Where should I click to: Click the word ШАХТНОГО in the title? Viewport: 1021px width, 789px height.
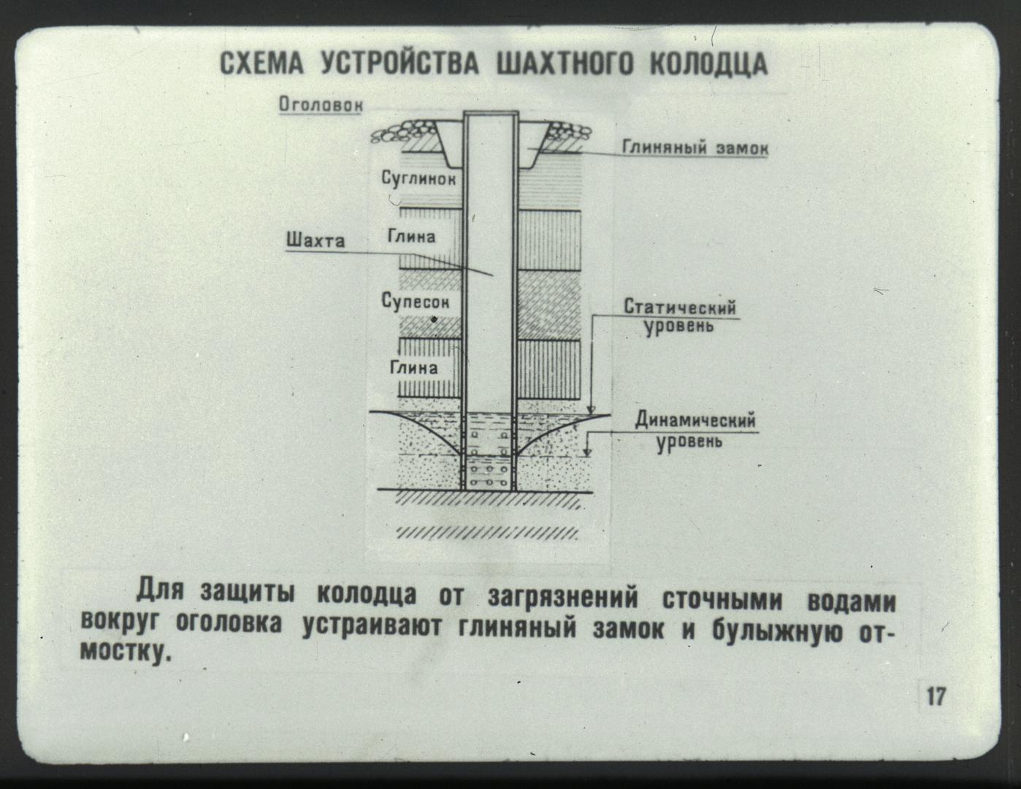pyautogui.click(x=565, y=64)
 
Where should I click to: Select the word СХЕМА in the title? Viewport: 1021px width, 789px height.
pyautogui.click(x=261, y=64)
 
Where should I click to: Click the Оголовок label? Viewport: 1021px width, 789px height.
pyautogui.click(x=321, y=104)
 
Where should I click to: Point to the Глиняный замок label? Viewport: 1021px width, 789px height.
pyautogui.click(x=695, y=148)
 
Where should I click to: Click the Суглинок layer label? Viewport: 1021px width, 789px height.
pyautogui.click(x=418, y=179)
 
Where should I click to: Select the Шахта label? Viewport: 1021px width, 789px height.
pyautogui.click(x=316, y=240)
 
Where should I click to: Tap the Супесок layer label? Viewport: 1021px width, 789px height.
pyautogui.click(x=416, y=301)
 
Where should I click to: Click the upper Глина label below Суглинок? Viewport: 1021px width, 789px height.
pyautogui.click(x=412, y=236)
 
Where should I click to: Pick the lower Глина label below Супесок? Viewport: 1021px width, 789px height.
pyautogui.click(x=414, y=367)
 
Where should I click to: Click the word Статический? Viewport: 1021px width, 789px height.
pyautogui.click(x=679, y=308)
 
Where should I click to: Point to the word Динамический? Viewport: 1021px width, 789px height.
pyautogui.click(x=695, y=419)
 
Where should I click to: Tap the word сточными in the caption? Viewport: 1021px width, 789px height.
pyautogui.click(x=722, y=601)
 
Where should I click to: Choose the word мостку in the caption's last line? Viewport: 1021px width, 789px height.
pyautogui.click(x=124, y=652)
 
